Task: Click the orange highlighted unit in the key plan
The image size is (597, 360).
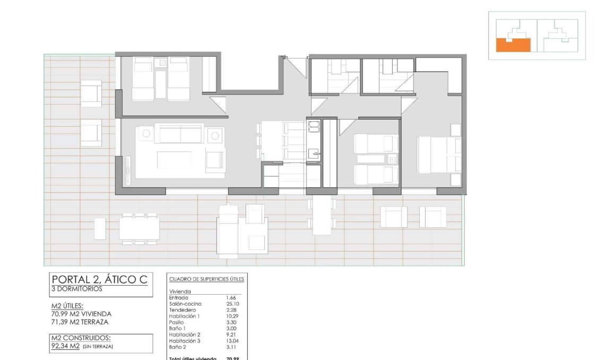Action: click(x=513, y=45)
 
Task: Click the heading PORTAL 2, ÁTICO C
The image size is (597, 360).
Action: click(x=102, y=280)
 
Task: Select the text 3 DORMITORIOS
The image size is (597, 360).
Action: click(x=76, y=289)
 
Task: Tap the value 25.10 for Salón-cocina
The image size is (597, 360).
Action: click(x=233, y=304)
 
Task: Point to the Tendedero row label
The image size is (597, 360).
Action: click(x=184, y=310)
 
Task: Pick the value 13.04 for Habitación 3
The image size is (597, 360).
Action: click(x=233, y=341)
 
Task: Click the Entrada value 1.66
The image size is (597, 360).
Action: click(x=231, y=298)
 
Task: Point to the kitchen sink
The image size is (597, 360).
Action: click(x=315, y=153)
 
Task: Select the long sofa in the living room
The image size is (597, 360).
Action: click(x=180, y=134)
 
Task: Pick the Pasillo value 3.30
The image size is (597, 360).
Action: click(x=231, y=322)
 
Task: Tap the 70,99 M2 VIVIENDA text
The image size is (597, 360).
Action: click(x=81, y=314)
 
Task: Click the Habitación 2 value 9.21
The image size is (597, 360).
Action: click(x=231, y=335)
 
